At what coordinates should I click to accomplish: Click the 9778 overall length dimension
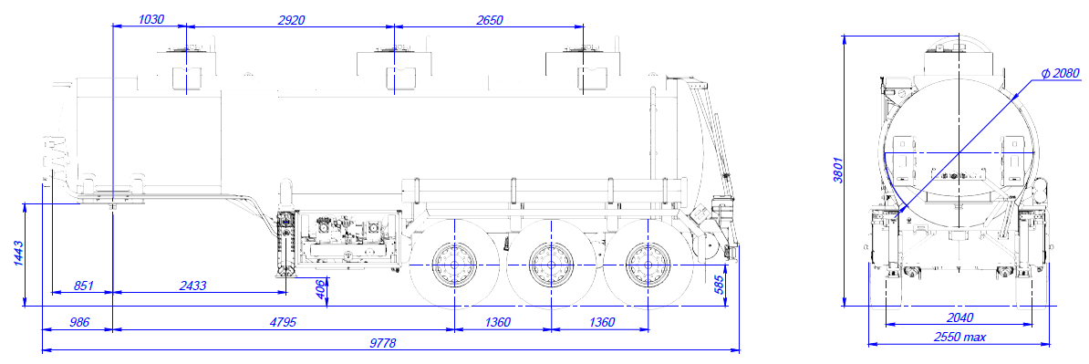click(x=389, y=343)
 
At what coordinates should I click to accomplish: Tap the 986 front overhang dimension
click(x=78, y=322)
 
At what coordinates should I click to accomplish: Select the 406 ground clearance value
click(x=320, y=287)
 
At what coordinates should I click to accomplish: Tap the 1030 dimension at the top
click(x=150, y=19)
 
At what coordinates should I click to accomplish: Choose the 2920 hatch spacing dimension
click(x=292, y=19)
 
